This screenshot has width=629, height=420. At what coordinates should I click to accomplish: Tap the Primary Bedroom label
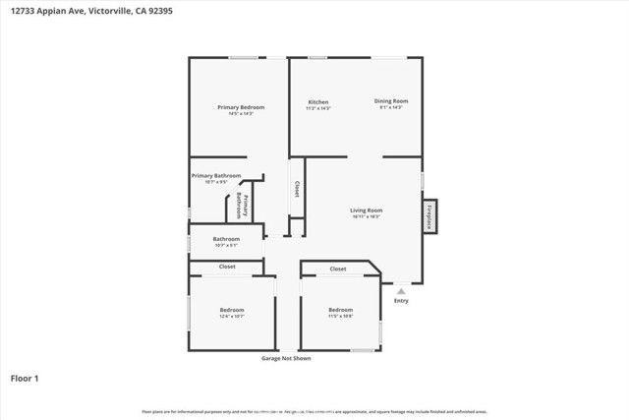point(241,107)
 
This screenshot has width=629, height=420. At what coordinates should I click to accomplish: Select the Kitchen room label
point(317,102)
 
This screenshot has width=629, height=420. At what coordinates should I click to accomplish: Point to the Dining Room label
point(391,100)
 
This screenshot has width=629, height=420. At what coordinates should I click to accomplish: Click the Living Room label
point(367,210)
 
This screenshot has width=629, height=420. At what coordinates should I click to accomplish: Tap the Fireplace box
point(429,215)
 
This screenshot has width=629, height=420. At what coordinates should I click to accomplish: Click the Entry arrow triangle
point(401,291)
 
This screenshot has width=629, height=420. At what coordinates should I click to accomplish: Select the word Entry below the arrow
point(401,301)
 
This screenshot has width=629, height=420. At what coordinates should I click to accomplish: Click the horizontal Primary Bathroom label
point(216,175)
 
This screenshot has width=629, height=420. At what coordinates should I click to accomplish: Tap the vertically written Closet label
point(296,190)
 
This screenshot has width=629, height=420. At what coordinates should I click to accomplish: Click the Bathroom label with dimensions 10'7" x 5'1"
point(227,238)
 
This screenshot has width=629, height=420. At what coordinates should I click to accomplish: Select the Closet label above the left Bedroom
point(227,267)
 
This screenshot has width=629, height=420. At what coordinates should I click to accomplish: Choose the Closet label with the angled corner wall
point(338,269)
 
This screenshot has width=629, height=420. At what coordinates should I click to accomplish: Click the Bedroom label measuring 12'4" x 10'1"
point(232,310)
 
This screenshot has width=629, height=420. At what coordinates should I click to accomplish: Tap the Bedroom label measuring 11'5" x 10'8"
point(340,310)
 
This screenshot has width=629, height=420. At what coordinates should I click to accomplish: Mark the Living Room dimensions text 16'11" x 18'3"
point(367,216)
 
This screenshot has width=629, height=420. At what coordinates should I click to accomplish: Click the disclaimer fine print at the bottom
point(314,411)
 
